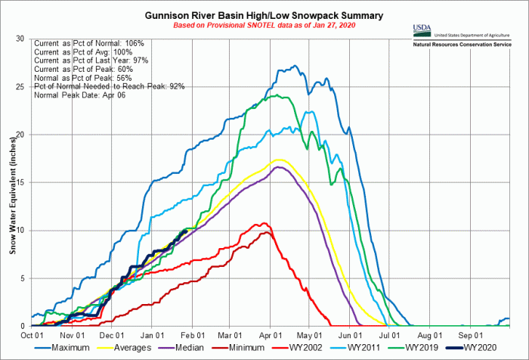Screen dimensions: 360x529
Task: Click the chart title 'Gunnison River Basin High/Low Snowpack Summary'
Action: coord(263,15)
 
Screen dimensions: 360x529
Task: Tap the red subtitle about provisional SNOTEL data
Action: coord(263,26)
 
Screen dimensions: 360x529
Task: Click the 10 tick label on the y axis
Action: coord(24,230)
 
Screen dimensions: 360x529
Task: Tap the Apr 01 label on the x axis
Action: coord(271,334)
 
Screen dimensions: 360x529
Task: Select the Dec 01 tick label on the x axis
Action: coord(112,334)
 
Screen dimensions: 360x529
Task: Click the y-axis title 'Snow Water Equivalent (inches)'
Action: coord(11,182)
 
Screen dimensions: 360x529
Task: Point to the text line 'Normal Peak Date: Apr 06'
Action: coord(79,95)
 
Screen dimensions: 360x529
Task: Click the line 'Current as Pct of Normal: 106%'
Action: coord(84,43)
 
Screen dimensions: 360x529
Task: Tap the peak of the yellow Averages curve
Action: coord(280,160)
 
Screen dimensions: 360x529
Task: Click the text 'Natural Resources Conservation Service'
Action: coord(468,45)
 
